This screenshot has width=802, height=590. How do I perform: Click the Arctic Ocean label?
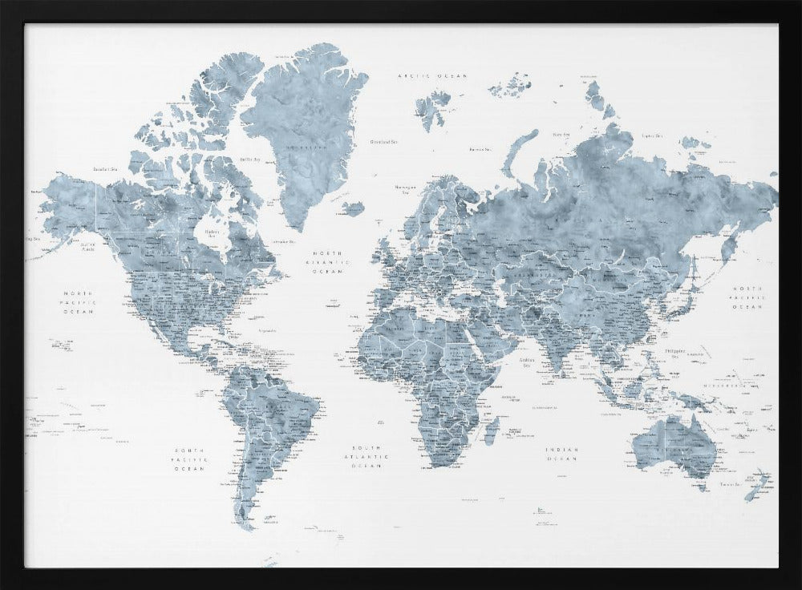coord(432,75)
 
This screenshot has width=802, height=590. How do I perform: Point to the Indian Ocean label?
coord(562,454)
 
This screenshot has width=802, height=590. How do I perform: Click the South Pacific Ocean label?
coord(189,459)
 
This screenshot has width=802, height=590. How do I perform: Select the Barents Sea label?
coord(480,148)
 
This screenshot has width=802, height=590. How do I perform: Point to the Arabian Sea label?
coord(527,362)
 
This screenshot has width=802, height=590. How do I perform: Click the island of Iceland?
coord(352,208)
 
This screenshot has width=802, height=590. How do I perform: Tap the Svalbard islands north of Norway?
coord(433,109)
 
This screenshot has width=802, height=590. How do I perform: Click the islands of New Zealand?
coord(756,485)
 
